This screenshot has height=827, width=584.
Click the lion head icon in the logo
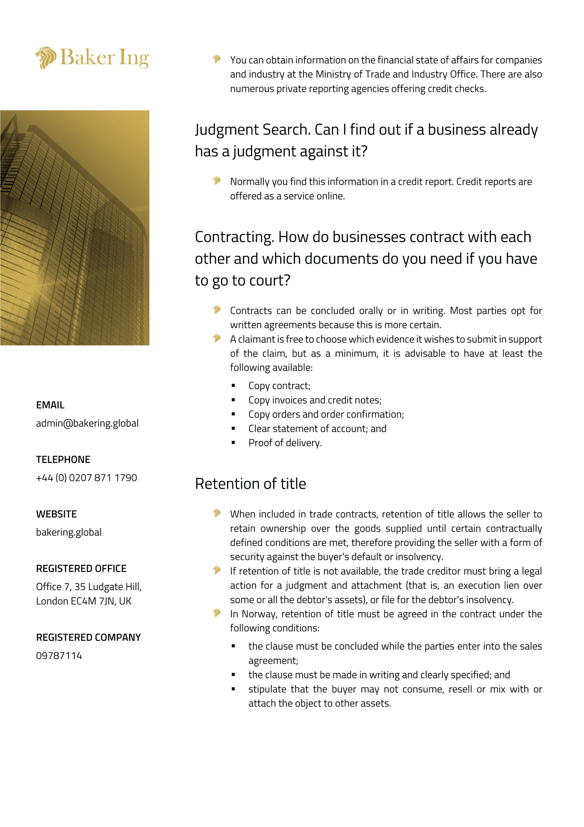pos(46,58)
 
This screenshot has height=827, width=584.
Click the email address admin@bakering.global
pos(87,423)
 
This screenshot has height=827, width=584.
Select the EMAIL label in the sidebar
pos(50,405)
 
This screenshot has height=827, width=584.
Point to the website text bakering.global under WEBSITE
pos(69,532)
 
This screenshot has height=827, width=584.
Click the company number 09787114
pos(59,655)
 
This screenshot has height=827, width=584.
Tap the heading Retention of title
pos(250,483)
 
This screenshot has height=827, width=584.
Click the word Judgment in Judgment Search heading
pos(227,130)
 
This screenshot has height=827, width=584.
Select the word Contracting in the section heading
pos(234,237)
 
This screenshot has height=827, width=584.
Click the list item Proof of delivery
pos(285,443)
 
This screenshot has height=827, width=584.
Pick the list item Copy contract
pos(279,386)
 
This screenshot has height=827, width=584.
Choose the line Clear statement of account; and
pos(317,429)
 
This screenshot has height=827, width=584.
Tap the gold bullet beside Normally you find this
pos(217,181)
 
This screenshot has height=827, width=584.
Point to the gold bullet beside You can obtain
pos(217,59)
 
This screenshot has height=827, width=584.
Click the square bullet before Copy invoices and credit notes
pos(233,400)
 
